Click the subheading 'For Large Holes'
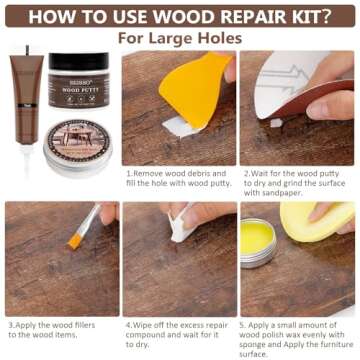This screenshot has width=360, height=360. point(179,38)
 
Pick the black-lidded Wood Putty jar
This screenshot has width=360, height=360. point(79,86)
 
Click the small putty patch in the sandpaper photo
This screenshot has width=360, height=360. point(276,122)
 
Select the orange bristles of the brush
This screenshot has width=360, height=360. point(76,239)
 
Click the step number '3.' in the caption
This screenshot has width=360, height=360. point(11,325)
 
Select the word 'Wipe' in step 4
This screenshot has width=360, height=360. point(144,325)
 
